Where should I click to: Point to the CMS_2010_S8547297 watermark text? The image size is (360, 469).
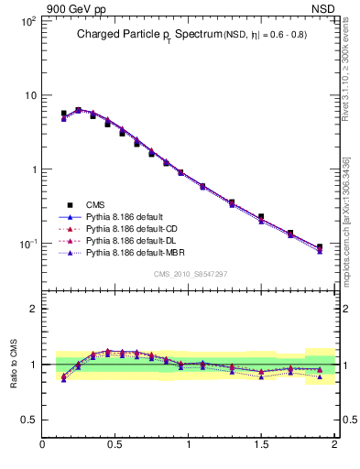coord(190,274)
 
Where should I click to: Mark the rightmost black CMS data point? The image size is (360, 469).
coord(319,247)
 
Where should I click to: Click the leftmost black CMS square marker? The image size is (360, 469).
coord(63,114)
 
